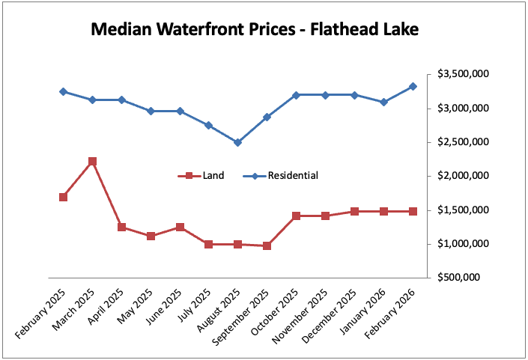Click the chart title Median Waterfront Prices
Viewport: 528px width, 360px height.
[x=255, y=30]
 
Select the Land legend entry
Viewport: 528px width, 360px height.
[x=201, y=176]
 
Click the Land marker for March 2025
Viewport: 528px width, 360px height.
[x=92, y=162]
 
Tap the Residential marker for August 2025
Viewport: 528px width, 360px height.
[x=237, y=142]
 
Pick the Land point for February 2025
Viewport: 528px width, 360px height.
[x=63, y=197]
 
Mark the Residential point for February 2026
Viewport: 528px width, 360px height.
[x=413, y=86]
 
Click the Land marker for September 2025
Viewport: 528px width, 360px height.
[x=267, y=245]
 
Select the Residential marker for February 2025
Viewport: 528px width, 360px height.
[x=63, y=91]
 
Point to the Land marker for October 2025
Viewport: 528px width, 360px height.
[x=296, y=216]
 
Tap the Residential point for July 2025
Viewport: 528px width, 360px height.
[x=208, y=125]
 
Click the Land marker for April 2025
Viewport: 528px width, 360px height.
[x=121, y=227]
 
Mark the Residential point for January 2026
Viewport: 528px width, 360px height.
[x=383, y=102]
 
